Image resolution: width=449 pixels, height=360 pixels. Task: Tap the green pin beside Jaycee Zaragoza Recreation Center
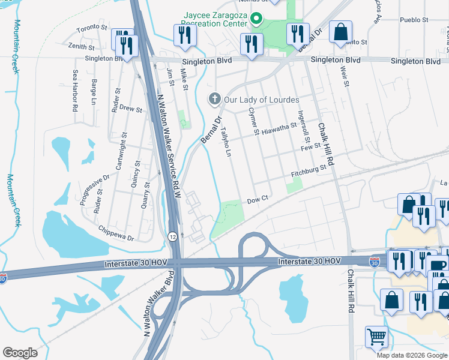[x=257, y=19]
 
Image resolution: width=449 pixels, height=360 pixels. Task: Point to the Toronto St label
[x=91, y=28]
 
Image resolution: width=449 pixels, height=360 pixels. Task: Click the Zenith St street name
[x=82, y=46]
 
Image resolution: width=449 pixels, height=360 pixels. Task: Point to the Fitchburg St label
[x=308, y=172]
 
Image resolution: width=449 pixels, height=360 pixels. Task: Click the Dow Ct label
[x=256, y=198]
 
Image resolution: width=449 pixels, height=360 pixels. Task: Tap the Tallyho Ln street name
[x=227, y=142]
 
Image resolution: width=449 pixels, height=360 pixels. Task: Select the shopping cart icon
[x=376, y=337]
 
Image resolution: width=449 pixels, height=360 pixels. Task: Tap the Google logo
[x=20, y=353]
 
